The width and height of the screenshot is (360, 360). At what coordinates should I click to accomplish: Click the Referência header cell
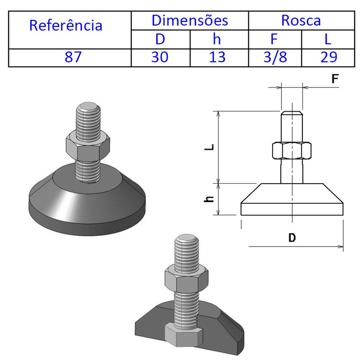pyautogui.click(x=66, y=25)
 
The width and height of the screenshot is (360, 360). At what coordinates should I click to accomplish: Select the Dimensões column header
pyautogui.click(x=189, y=20)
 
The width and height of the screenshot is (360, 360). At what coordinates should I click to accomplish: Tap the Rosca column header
pyautogui.click(x=301, y=20)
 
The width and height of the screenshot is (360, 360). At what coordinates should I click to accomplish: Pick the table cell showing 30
pyautogui.click(x=160, y=58)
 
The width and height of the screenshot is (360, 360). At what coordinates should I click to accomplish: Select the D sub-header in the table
pyautogui.click(x=160, y=39)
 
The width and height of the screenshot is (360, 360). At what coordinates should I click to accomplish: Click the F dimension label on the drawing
pyautogui.click(x=334, y=79)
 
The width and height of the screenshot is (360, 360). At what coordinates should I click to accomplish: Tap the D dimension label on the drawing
pyautogui.click(x=292, y=238)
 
